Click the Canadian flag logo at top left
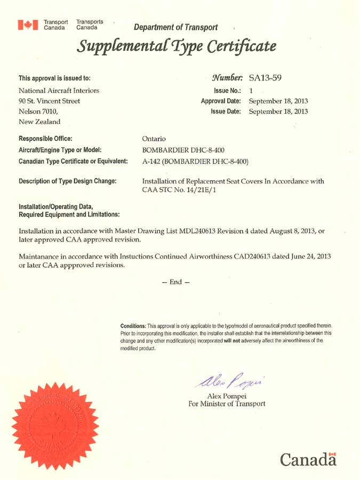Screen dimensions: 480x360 tap(28, 24)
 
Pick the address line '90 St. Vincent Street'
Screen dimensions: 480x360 tap(53, 101)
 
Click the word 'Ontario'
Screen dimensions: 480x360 tap(155, 138)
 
